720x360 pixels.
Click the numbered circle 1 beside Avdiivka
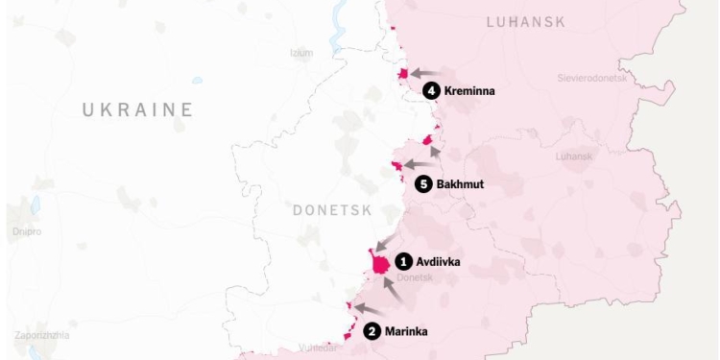coord(404,260)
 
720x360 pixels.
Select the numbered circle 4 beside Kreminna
coord(432,90)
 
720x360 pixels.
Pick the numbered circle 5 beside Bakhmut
coord(423,183)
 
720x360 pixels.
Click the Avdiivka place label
coord(439,260)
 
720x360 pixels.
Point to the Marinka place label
coord(406,332)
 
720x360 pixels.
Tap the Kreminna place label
coord(469,90)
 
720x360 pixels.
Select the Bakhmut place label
coord(460,183)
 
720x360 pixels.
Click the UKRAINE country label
coord(137,110)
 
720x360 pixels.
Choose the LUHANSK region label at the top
coord(526,21)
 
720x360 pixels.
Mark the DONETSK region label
coord(331,209)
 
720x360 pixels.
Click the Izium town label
coord(301,52)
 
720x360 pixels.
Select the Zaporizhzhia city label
coord(41,335)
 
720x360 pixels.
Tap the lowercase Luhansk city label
coord(575,156)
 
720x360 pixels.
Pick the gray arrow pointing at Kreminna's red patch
coord(425,73)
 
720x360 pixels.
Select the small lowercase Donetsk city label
coord(415,277)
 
